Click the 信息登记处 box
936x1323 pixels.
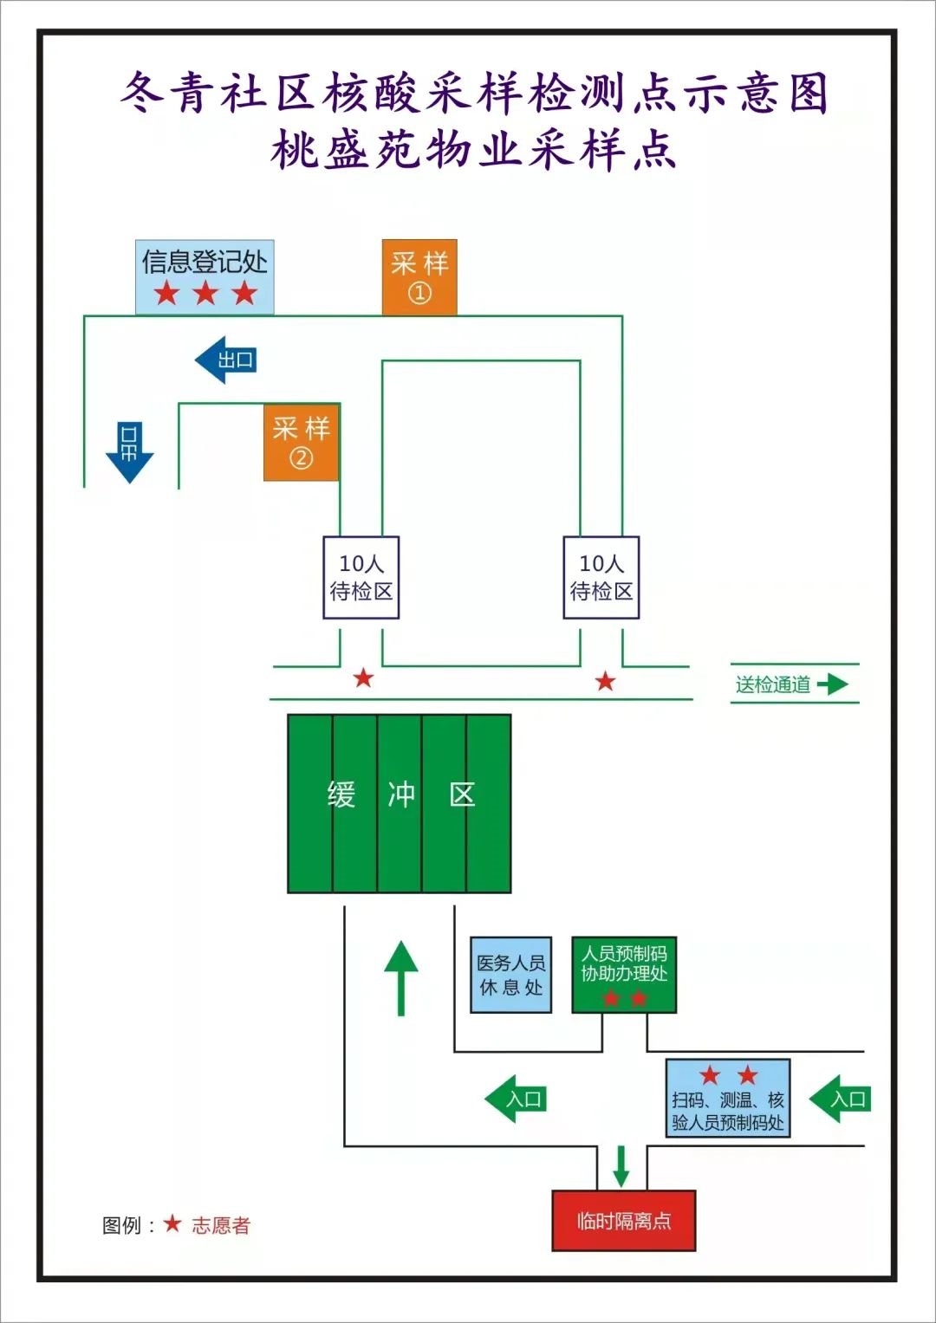(x=205, y=276)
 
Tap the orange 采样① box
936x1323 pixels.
(x=419, y=276)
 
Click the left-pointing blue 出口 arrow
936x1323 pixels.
(x=226, y=360)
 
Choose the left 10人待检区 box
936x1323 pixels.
(x=361, y=577)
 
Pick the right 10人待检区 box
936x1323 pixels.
(x=601, y=577)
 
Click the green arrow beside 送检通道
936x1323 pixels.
(x=833, y=684)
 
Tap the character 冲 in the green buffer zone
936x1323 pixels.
(x=400, y=794)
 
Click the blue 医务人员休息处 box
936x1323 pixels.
(x=511, y=975)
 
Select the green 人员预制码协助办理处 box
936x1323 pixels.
(x=624, y=975)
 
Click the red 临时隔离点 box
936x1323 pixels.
(x=624, y=1221)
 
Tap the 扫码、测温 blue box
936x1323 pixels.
(x=728, y=1098)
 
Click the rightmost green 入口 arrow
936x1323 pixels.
(x=839, y=1099)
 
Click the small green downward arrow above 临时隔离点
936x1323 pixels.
(x=621, y=1166)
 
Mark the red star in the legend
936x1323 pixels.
(x=172, y=1223)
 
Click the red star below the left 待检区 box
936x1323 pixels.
(x=363, y=678)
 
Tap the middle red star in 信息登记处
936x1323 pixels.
(x=205, y=294)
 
